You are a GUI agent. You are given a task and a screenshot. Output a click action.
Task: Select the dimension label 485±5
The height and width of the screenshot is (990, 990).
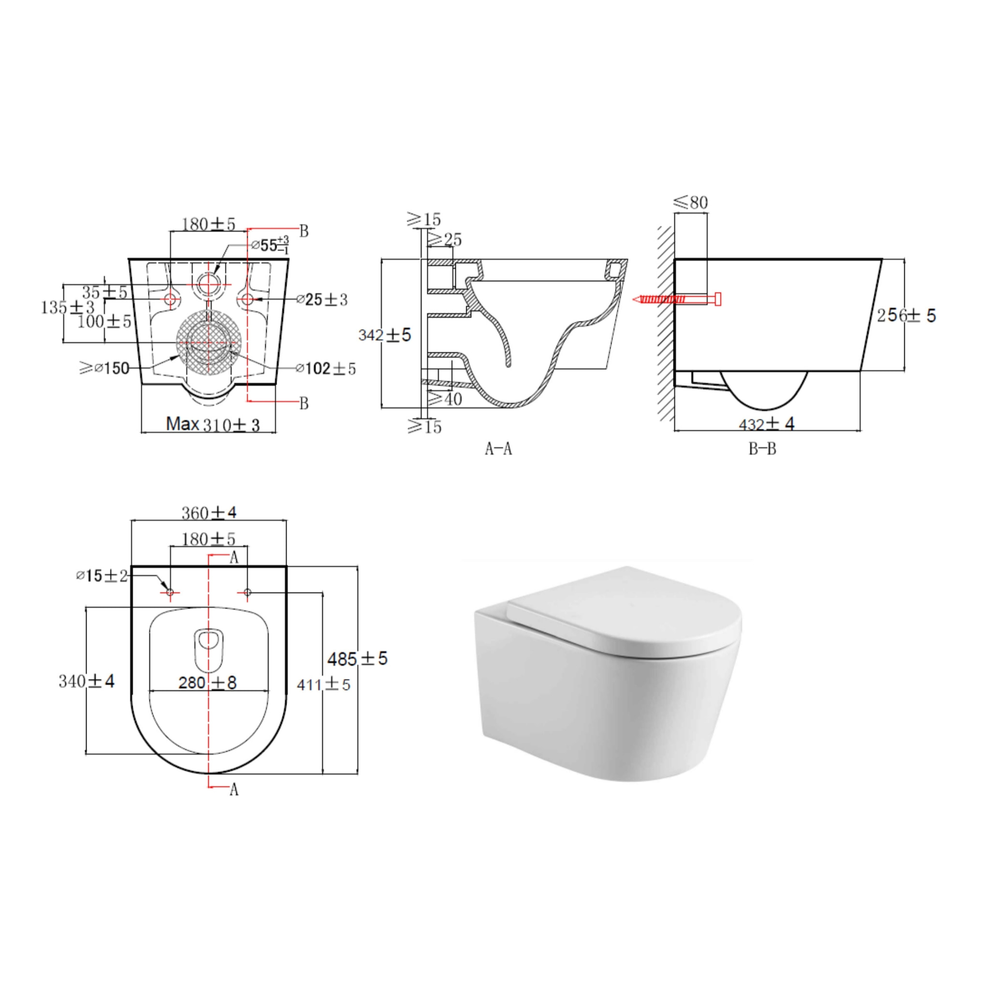point(357,658)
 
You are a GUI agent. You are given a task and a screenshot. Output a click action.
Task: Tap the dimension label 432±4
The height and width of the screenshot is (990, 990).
point(766,424)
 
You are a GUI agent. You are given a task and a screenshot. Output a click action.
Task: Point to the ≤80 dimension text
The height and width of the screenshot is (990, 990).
point(691,203)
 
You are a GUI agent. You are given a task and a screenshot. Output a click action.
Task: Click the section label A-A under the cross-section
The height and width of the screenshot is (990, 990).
point(498,449)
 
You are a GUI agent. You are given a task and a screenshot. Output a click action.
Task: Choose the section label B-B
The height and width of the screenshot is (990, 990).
point(762,449)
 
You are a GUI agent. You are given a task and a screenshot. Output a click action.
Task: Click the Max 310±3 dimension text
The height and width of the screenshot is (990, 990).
point(213,424)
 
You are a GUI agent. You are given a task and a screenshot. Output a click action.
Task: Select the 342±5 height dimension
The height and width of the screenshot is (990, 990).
point(384,335)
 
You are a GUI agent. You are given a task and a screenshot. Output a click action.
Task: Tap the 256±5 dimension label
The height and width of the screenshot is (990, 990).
point(906,315)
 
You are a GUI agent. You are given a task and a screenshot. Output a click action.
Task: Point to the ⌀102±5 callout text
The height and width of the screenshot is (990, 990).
point(326,368)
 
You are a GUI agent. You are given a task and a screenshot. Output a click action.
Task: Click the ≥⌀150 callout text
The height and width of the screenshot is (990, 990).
point(104,368)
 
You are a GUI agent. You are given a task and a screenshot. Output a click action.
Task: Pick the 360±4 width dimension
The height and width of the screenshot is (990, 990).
point(208,512)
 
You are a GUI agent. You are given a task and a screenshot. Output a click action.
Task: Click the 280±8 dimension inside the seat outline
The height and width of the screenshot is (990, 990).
point(207,683)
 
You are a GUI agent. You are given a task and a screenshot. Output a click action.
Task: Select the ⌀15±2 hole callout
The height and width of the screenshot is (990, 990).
point(101,576)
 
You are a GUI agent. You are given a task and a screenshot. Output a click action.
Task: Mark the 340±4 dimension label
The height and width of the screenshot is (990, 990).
point(86,681)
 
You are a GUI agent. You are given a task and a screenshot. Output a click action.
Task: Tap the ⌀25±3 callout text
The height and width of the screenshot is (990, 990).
point(322,299)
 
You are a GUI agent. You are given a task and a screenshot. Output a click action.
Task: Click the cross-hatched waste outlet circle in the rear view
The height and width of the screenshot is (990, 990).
point(208,342)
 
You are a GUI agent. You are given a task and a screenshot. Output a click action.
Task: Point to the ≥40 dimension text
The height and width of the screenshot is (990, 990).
point(445,399)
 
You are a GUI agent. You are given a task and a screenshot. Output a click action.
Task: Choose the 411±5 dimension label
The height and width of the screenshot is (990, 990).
point(323,684)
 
